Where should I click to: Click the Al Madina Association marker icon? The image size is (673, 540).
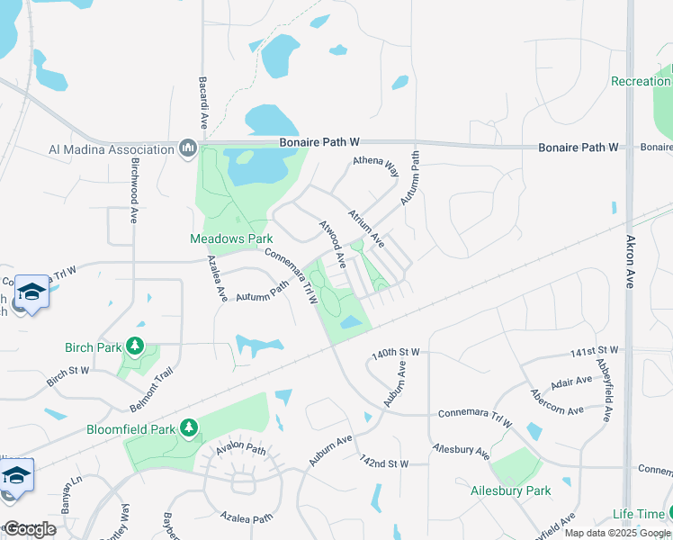(188, 148)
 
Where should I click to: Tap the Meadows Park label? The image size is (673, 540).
(230, 239)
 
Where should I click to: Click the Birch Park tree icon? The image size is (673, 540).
(135, 346)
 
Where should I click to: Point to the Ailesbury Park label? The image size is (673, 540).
(510, 491)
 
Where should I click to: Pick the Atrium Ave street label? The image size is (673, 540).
(367, 229)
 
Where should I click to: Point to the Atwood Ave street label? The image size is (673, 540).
(334, 245)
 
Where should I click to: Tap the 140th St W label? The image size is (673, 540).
(396, 355)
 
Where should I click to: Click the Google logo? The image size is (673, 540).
(30, 529)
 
